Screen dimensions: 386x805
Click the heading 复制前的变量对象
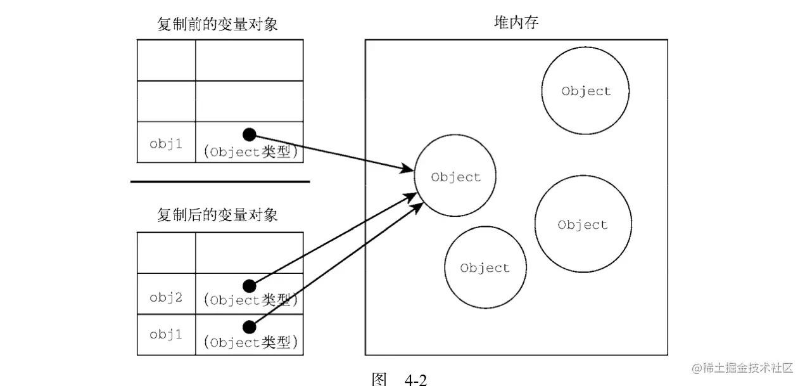coord(217,25)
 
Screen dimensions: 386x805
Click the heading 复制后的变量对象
coord(217,215)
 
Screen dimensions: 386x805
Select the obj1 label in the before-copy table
coord(166,143)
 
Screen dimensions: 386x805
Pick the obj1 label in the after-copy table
coord(166,334)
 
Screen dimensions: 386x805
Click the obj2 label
coord(166,297)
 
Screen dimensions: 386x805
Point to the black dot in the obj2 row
coord(250,286)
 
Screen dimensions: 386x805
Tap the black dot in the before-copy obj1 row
coord(250,134)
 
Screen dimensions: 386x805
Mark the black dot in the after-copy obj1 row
coord(250,326)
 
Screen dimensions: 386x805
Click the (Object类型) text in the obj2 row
coord(251,300)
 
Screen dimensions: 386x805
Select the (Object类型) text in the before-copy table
coord(251,152)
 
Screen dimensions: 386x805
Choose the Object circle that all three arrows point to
coord(456,177)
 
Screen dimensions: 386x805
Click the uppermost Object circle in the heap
coord(586,91)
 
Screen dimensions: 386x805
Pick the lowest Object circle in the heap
coord(485,267)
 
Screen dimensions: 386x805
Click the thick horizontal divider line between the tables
coord(220,182)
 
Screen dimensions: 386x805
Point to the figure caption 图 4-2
coord(400,379)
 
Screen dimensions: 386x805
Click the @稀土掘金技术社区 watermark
coord(742,368)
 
